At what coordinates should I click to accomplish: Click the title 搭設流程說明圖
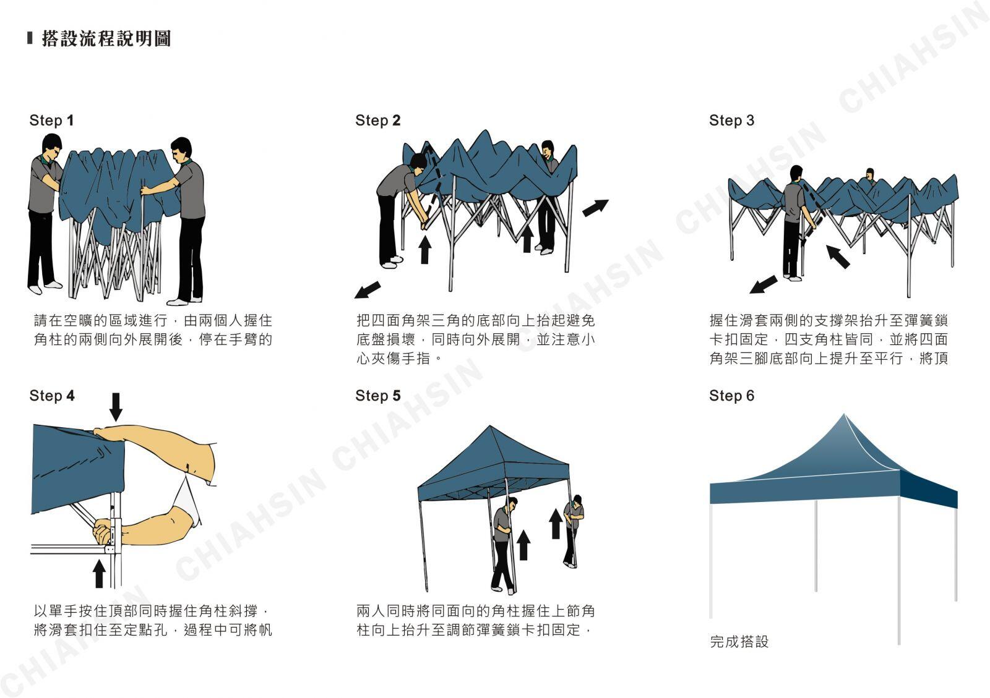(x=106, y=38)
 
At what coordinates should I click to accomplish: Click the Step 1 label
(x=51, y=120)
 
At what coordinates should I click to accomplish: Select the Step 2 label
(x=378, y=120)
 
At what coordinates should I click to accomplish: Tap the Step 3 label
(x=731, y=120)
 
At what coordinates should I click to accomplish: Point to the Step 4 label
(x=52, y=396)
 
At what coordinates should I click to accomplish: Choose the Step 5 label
(x=378, y=396)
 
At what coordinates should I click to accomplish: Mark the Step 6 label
(x=731, y=396)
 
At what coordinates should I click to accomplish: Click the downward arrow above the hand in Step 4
(x=116, y=407)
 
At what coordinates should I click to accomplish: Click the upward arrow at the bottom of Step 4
(x=100, y=574)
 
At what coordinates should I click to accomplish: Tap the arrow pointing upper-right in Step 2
(x=595, y=208)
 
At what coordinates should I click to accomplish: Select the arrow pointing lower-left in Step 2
(x=368, y=289)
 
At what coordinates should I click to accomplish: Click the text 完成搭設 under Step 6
(x=739, y=642)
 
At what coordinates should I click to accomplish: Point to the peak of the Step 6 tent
(x=844, y=414)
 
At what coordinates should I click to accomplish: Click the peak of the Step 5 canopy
(x=489, y=426)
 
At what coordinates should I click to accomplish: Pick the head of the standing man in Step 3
(x=796, y=173)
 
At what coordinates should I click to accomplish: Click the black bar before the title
(x=30, y=38)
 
